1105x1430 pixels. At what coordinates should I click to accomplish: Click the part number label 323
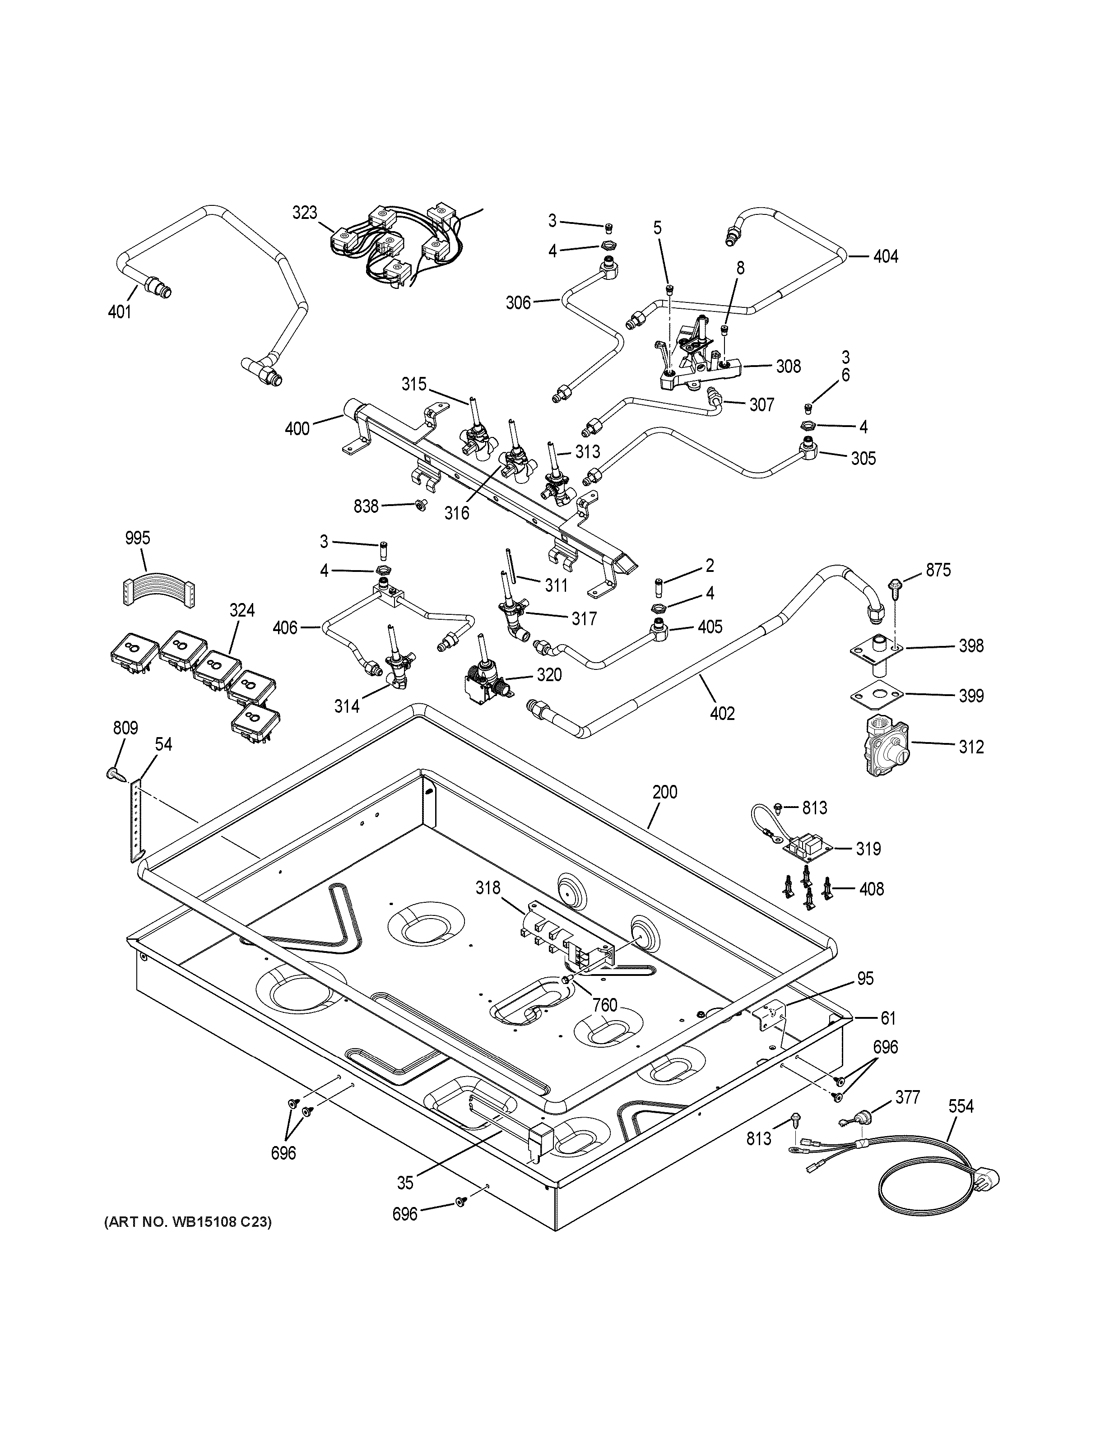(x=304, y=213)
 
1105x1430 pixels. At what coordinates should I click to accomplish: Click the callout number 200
(x=664, y=792)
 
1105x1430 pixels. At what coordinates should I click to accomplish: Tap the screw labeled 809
(x=112, y=775)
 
